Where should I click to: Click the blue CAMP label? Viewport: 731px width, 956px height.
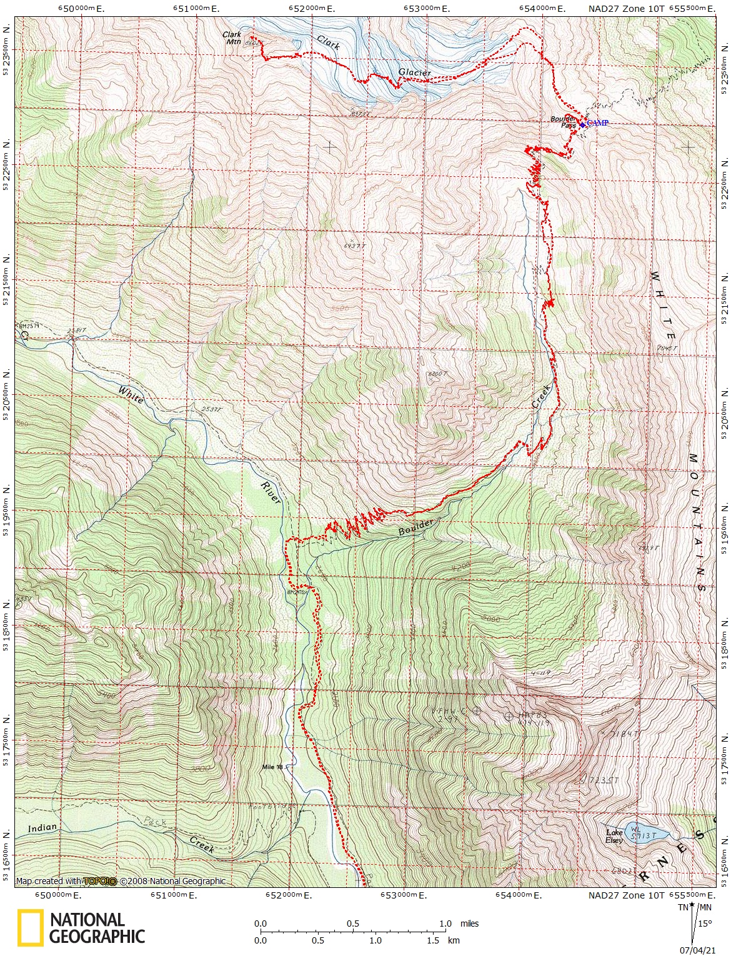[597, 123]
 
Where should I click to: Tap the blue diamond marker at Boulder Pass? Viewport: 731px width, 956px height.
[582, 125]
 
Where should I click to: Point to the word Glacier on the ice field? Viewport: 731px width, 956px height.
[415, 73]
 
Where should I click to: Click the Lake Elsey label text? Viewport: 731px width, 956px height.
[615, 836]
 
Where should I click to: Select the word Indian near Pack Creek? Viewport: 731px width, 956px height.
[42, 829]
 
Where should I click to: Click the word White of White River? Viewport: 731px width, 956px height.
[131, 395]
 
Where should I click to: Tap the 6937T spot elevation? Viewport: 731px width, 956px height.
[354, 246]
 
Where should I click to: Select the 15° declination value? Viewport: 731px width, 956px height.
[705, 924]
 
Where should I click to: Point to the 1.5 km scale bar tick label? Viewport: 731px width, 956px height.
[434, 940]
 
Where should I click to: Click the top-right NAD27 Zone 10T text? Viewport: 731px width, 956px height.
[627, 9]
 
